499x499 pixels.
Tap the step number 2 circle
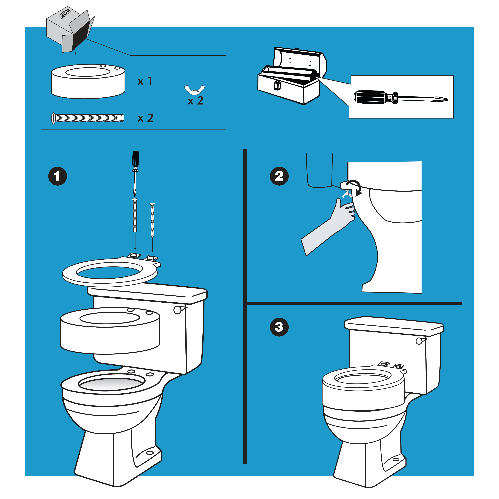point(279,176)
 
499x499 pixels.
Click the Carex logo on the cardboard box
point(65,14)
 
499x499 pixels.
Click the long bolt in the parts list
point(88,118)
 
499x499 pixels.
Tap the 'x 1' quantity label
point(145,81)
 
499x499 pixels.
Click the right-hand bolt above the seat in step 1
point(152,220)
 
